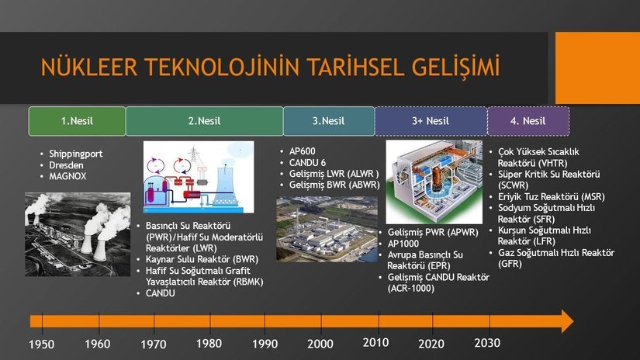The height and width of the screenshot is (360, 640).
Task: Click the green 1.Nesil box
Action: pyautogui.click(x=77, y=121)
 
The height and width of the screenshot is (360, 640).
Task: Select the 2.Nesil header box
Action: pyautogui.click(x=205, y=121)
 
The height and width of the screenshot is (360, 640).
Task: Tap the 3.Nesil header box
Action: pyautogui.click(x=329, y=121)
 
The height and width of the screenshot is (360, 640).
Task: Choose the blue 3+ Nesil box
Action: pyautogui.click(x=431, y=121)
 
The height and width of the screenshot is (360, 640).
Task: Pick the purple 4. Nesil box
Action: pyautogui.click(x=528, y=121)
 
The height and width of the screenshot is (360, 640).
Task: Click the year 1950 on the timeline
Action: pyautogui.click(x=42, y=344)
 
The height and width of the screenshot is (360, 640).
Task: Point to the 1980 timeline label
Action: pyautogui.click(x=209, y=343)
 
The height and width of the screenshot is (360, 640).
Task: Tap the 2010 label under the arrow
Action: pyautogui.click(x=376, y=342)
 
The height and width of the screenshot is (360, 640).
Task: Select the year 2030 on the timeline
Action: pyautogui.click(x=487, y=343)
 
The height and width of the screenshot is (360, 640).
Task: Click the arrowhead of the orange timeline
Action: pyautogui.click(x=566, y=321)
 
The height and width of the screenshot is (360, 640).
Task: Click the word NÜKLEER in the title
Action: pyautogui.click(x=89, y=67)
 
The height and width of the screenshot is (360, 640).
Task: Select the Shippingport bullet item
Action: pyautogui.click(x=76, y=154)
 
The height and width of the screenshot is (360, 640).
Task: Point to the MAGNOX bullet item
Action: pyautogui.click(x=67, y=176)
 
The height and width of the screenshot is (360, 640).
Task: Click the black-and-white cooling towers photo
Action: pyautogui.click(x=78, y=234)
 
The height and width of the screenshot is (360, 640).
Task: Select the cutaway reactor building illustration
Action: pyautogui.click(x=434, y=182)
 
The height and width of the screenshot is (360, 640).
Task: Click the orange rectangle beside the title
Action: pyautogui.click(x=597, y=68)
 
